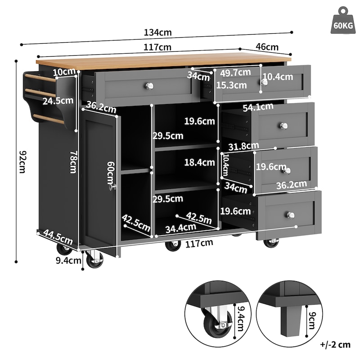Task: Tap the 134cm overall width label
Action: coord(158,33)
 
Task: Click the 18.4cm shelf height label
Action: coord(199,162)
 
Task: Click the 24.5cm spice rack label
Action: coord(57,101)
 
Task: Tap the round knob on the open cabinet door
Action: coord(114,186)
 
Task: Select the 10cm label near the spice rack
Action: coord(63,72)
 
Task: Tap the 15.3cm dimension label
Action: coord(231,85)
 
